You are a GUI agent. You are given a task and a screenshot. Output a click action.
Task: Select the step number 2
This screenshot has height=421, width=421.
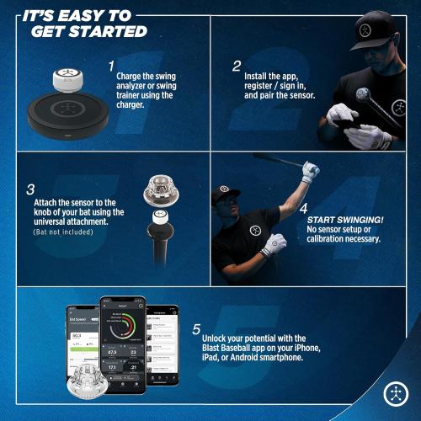coord(237,65)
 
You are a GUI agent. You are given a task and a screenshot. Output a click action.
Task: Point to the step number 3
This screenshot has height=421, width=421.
coord(30,189)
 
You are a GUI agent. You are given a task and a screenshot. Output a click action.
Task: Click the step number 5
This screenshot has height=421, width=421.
coord(196,329)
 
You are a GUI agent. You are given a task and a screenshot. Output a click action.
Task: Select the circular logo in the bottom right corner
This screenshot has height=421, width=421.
coord(395,393)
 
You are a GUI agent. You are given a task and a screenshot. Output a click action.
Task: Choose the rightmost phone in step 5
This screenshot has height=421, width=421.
coord(162,341)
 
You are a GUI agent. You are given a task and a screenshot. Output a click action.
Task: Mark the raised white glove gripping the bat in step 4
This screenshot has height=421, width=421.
coord(310,172)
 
